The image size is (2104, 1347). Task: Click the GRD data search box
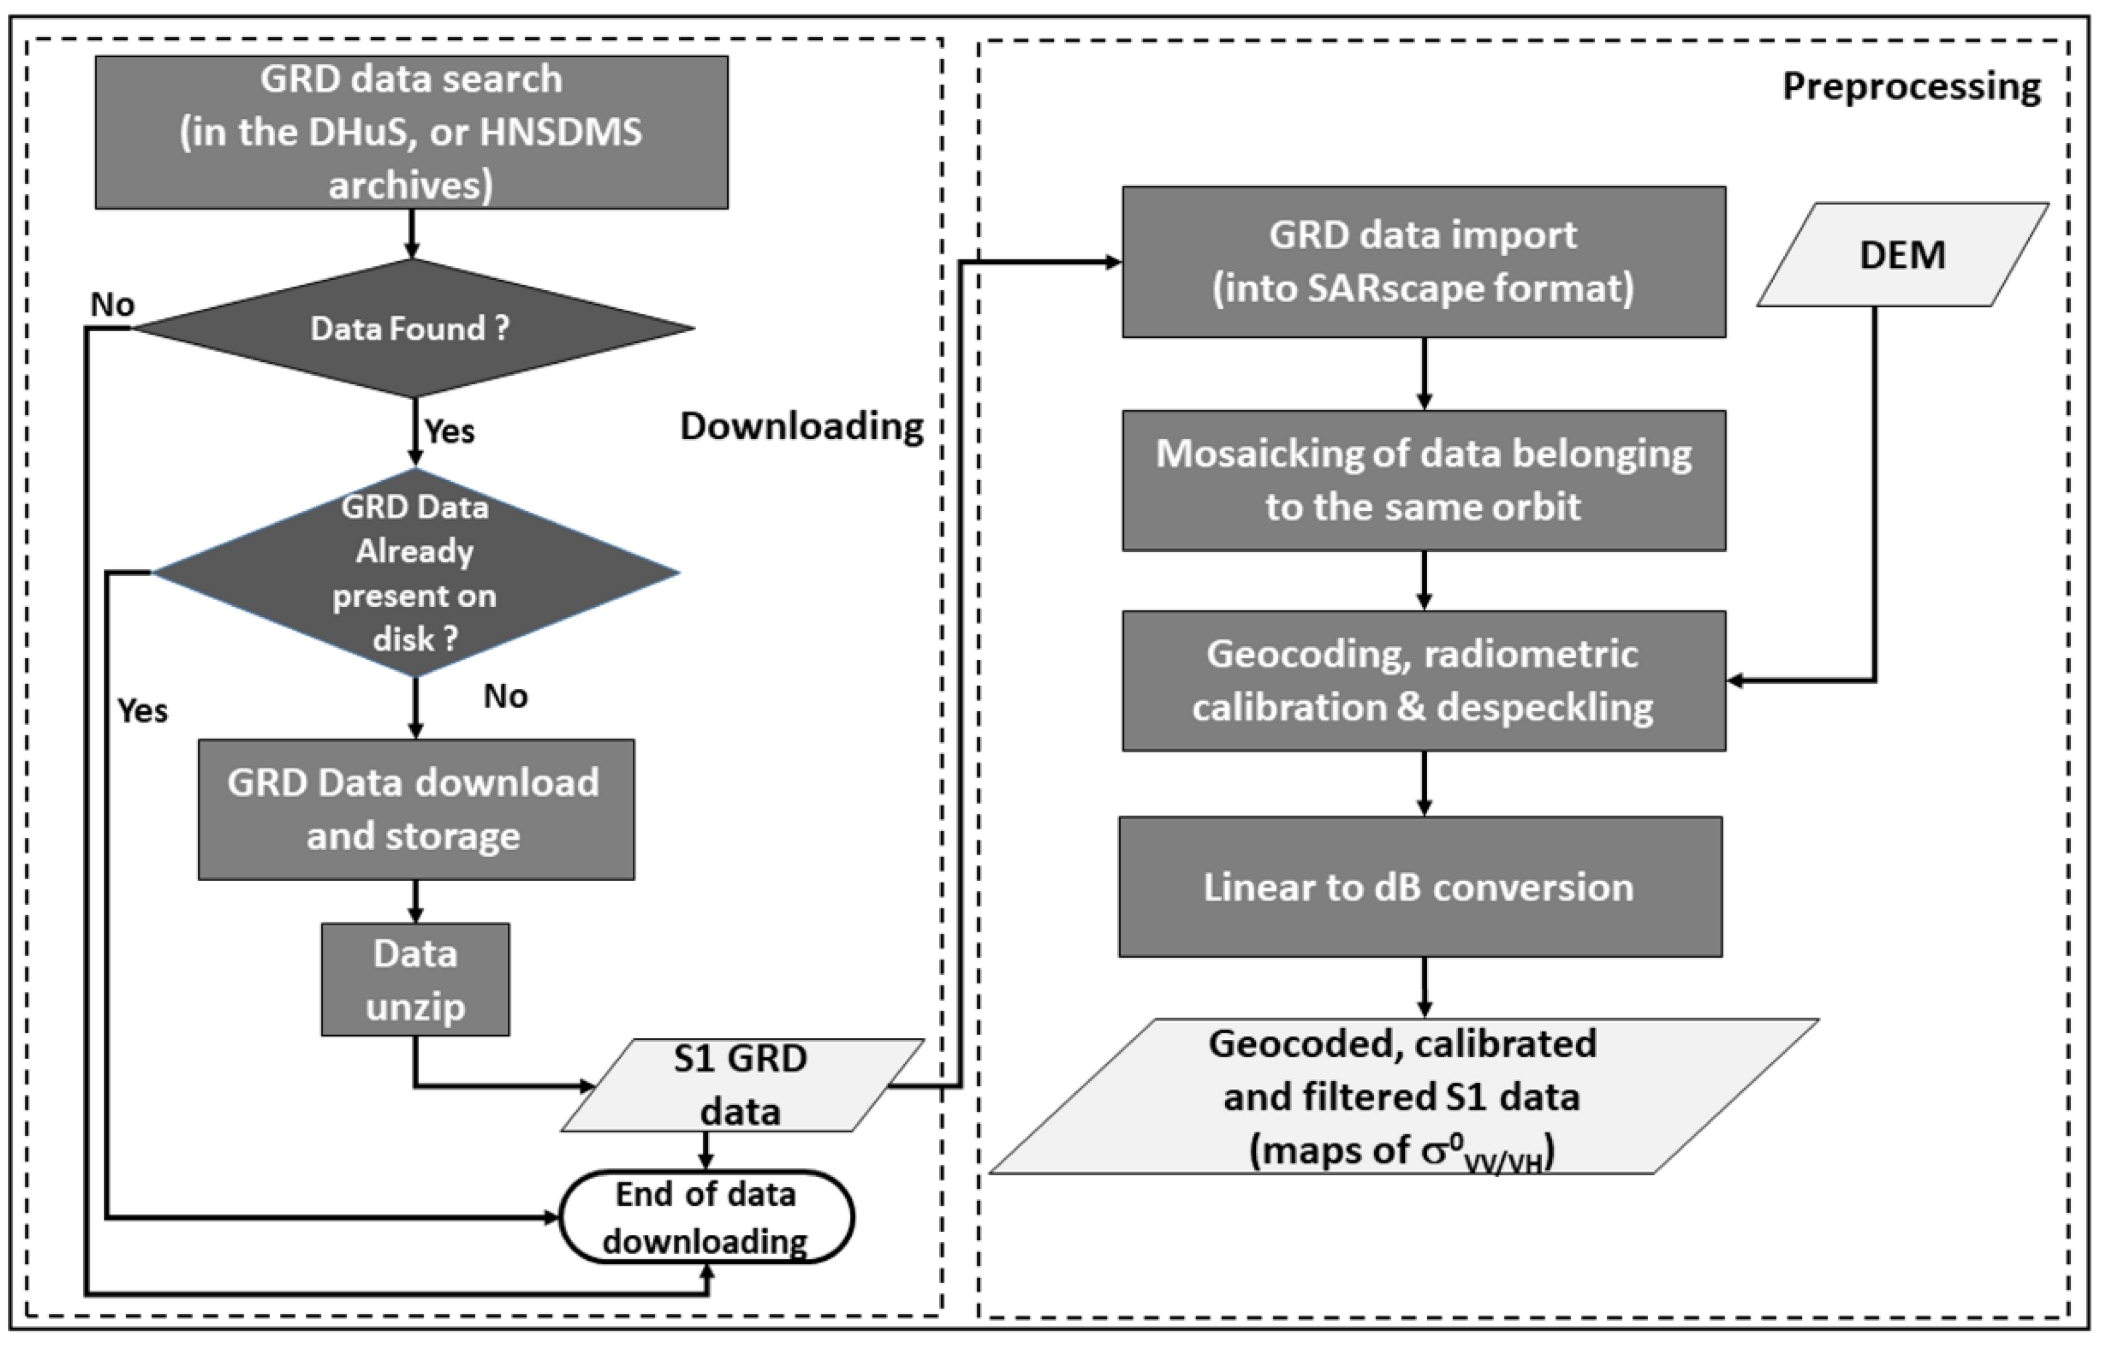pos(411,132)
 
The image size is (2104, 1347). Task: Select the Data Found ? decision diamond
pos(411,329)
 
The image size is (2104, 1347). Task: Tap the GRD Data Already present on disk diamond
pos(416,573)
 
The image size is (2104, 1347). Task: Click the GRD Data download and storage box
pos(416,809)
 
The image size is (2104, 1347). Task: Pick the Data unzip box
pos(416,980)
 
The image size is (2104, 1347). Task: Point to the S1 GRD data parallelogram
pos(741,1085)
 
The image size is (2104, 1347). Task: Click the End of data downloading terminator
pos(706,1217)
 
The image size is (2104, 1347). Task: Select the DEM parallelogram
pos(1902,255)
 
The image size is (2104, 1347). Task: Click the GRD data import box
pos(1424,262)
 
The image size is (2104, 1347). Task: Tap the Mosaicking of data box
pos(1424,480)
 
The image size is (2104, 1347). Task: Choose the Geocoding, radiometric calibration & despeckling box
pos(1424,680)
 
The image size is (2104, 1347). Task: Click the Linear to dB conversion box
pos(1419,887)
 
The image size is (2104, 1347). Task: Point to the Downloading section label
pos(802,426)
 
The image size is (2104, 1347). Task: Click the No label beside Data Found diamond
pos(113,305)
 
